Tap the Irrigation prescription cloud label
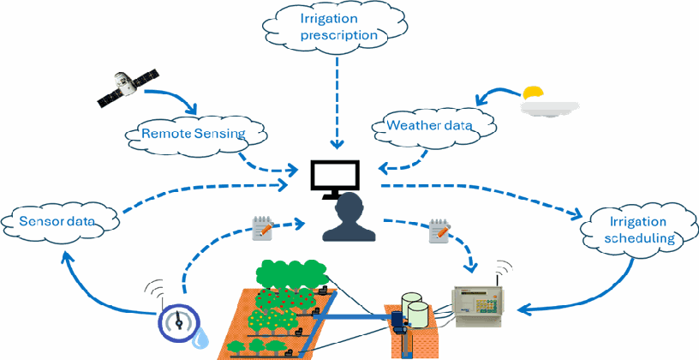point(334,27)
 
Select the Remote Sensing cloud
point(194,134)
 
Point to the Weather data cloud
point(429,125)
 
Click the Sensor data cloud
point(58,221)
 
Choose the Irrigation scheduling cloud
point(638,231)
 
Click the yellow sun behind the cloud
point(533,93)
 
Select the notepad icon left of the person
point(263,228)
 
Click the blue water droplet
point(202,338)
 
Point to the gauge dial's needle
point(179,319)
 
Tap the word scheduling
point(639,238)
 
